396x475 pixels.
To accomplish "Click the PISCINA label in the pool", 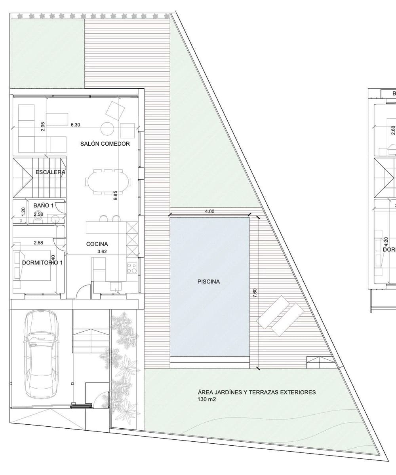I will pyautogui.click(x=208, y=282).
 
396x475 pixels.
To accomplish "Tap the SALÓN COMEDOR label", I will pyautogui.click(x=105, y=144).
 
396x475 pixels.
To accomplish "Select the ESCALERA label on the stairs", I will pyautogui.click(x=50, y=172).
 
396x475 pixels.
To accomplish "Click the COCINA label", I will pyautogui.click(x=97, y=244).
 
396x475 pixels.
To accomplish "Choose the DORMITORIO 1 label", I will pyautogui.click(x=42, y=263).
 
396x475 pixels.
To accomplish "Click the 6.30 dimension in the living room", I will pyautogui.click(x=75, y=125).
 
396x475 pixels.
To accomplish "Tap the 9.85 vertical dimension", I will pyautogui.click(x=115, y=195).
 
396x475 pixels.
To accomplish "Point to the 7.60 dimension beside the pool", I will pyautogui.click(x=255, y=293).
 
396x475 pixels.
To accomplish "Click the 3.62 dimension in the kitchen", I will pyautogui.click(x=102, y=251).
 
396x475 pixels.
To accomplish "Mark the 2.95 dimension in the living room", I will pyautogui.click(x=43, y=126).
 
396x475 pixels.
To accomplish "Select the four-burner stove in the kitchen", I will pyautogui.click(x=131, y=268).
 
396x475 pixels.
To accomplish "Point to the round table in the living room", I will pyautogui.click(x=108, y=129).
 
